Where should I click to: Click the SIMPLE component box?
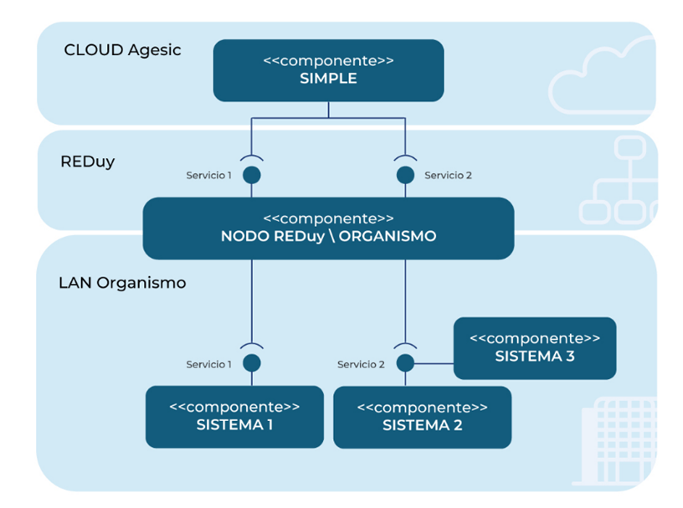328,70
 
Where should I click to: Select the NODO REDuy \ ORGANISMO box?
328,228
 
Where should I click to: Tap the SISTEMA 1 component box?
234,416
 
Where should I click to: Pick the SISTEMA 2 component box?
422,416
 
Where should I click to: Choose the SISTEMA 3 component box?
534,347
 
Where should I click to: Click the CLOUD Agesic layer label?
122,50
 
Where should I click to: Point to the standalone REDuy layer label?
87,162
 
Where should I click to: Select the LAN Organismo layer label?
122,283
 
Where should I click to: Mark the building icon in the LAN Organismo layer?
616,444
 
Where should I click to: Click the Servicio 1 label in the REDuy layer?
208,176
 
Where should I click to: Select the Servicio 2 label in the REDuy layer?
448,176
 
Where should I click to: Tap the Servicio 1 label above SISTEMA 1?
208,364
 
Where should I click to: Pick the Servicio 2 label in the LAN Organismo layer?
361,364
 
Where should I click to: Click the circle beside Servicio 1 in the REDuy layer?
251,175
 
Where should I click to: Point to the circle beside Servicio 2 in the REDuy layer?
405,175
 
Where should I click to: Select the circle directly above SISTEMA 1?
251,363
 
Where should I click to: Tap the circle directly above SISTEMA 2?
405,363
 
